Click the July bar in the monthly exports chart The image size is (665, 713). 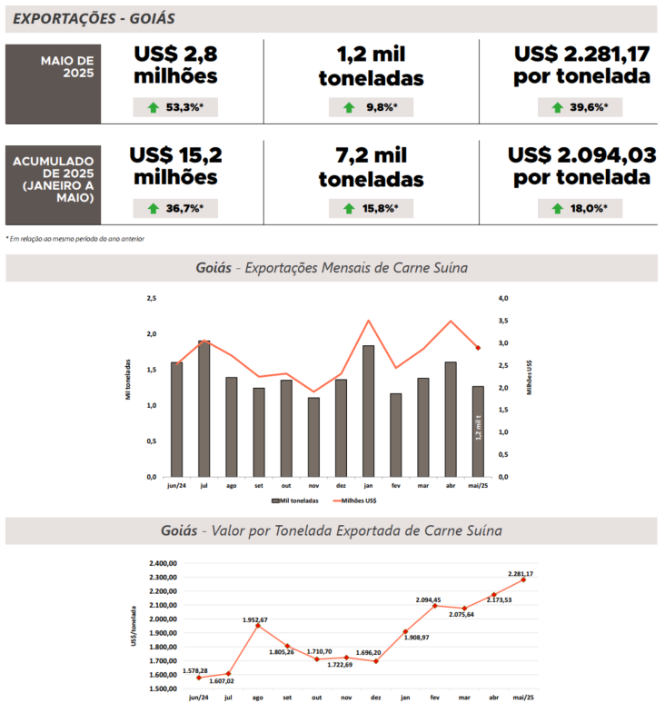point(204,409)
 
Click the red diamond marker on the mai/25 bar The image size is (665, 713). point(478,348)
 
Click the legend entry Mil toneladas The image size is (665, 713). point(295,500)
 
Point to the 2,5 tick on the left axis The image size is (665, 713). point(151,298)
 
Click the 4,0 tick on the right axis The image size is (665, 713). point(503,298)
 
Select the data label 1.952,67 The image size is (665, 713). point(255,619)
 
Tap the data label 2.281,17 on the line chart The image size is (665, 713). point(521,574)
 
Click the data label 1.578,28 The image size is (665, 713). point(195,671)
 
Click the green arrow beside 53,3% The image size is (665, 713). point(153,107)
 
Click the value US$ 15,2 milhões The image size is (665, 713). point(175,165)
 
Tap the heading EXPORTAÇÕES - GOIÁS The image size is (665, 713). point(95,18)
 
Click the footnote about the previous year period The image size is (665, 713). point(74,239)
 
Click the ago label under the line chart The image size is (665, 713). point(258,698)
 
